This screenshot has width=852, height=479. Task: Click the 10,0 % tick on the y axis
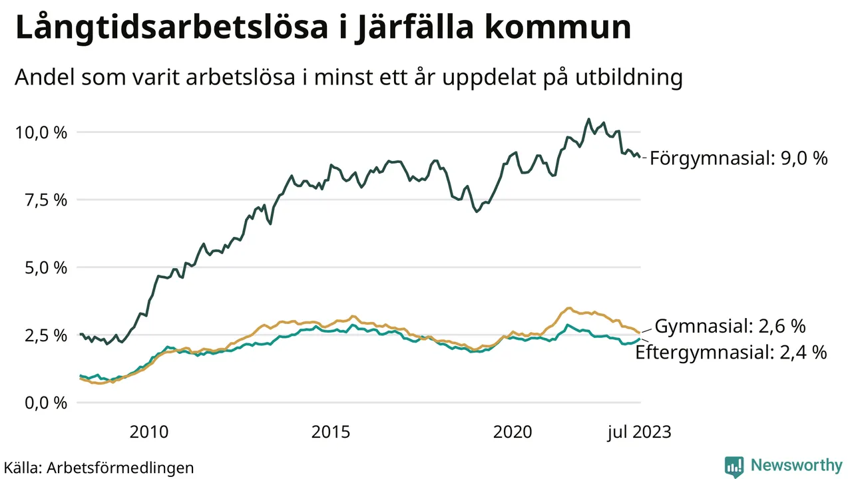click(41, 132)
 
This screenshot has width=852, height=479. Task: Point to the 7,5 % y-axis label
click(45, 200)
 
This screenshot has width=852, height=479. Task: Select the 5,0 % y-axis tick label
click(45, 268)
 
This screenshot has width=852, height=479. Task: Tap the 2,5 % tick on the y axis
click(45, 335)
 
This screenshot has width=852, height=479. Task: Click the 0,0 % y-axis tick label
click(45, 403)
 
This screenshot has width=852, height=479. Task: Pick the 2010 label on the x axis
click(150, 432)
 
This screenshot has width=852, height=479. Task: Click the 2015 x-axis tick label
click(331, 432)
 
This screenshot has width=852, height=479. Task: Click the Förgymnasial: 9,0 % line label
click(739, 159)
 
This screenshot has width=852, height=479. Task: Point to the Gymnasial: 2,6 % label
click(731, 327)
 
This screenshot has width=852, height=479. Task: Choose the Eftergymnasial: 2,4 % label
click(732, 353)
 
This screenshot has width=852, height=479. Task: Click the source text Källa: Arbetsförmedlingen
click(99, 467)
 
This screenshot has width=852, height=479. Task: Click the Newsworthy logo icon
click(734, 466)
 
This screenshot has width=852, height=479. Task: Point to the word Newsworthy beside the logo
click(796, 465)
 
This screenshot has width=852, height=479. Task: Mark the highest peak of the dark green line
click(588, 119)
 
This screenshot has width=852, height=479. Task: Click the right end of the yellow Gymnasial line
click(640, 333)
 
